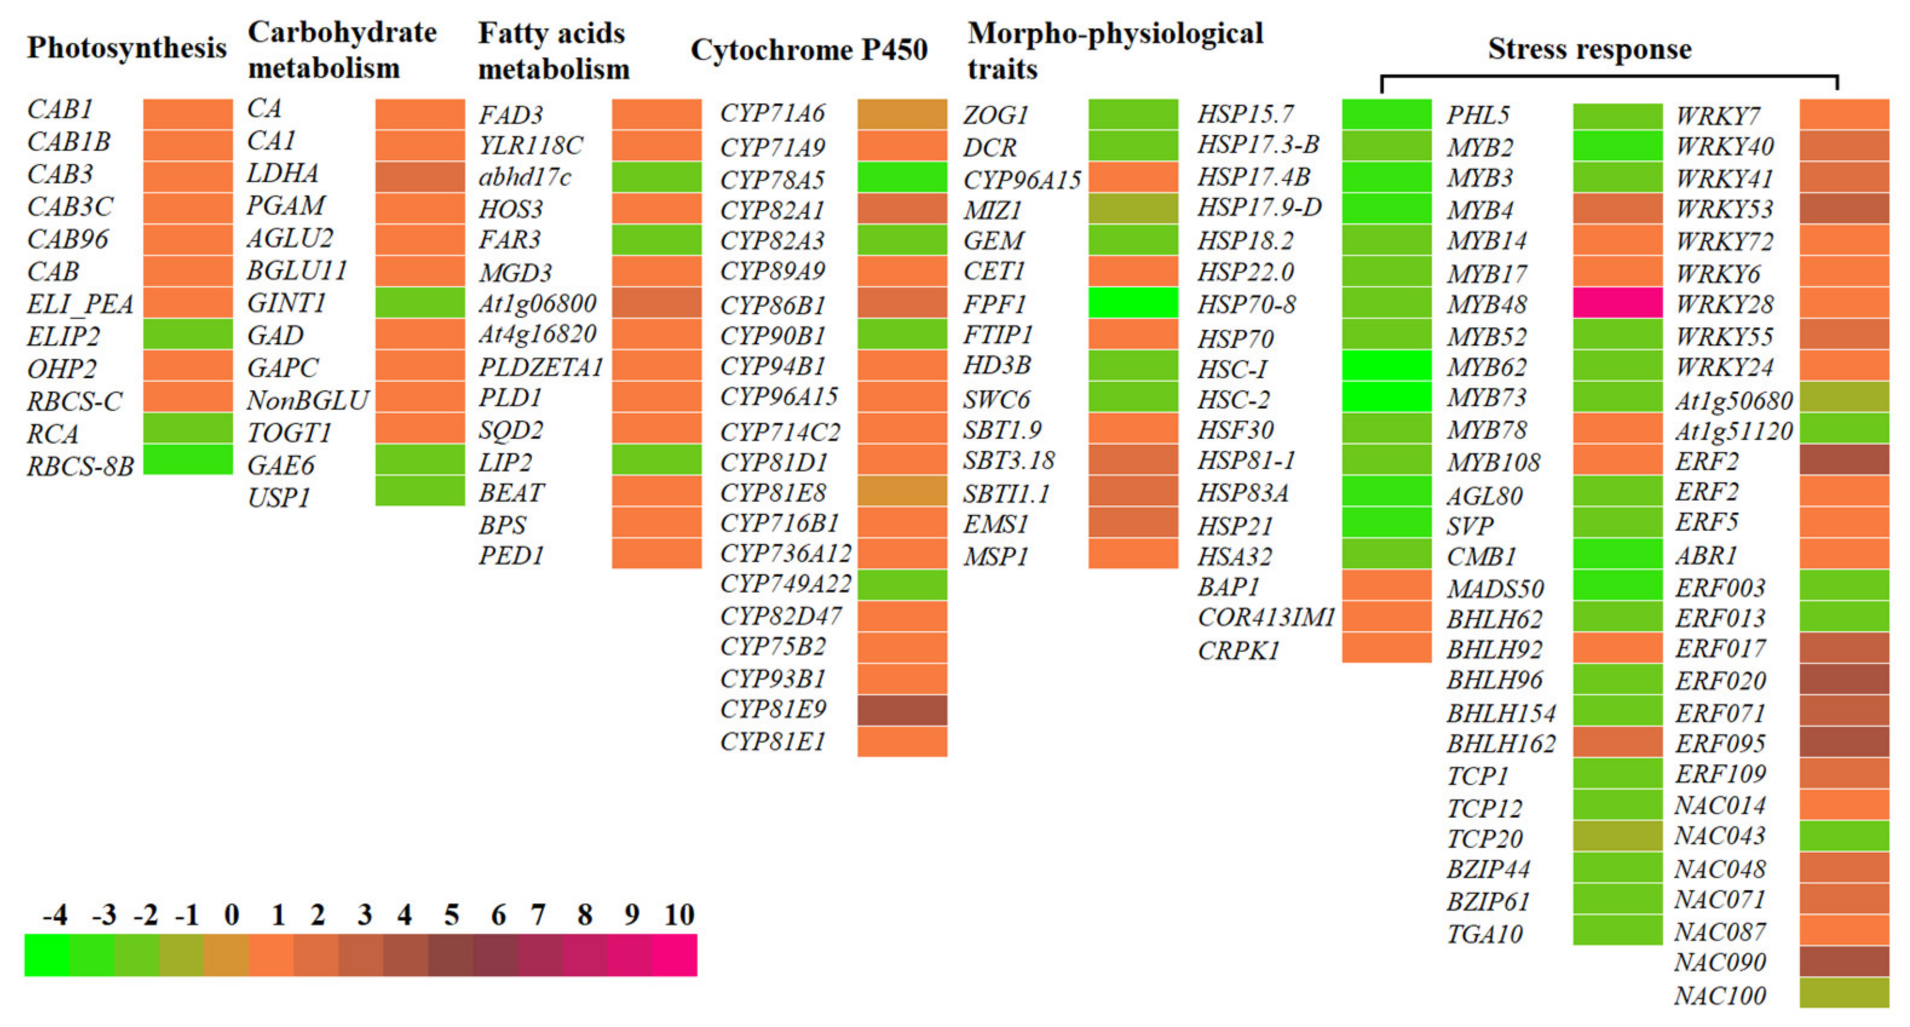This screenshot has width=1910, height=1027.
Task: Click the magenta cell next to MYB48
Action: point(1617,303)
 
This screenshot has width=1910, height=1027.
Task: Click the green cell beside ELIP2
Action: point(188,333)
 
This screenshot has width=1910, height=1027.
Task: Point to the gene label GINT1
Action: point(286,303)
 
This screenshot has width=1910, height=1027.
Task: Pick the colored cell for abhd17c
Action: point(656,177)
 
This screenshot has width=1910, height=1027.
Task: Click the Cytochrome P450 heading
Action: point(809,50)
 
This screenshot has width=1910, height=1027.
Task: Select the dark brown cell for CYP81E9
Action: point(901,710)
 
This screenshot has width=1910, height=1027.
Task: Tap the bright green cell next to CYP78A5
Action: point(901,177)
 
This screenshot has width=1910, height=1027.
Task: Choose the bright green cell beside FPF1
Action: point(1133,303)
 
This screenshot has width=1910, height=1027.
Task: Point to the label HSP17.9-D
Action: point(1259,208)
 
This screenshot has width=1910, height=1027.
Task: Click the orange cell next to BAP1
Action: point(1386,585)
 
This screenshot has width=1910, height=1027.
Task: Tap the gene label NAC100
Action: point(1719,995)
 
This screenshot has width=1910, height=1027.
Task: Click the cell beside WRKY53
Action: point(1844,208)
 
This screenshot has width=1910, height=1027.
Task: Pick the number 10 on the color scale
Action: point(678,915)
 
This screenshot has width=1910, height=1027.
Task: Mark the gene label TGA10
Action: point(1485,934)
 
